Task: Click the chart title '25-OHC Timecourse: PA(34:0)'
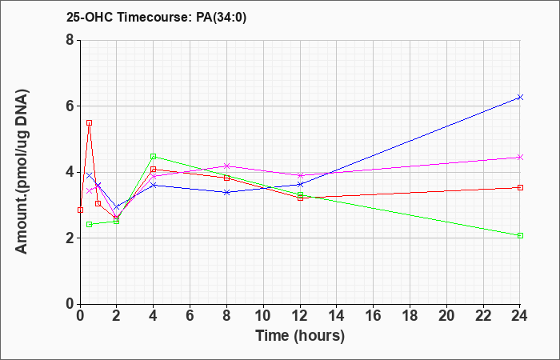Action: (x=156, y=18)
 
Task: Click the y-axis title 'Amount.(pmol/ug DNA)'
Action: (x=22, y=171)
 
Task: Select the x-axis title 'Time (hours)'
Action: (x=300, y=336)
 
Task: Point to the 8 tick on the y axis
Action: (x=70, y=40)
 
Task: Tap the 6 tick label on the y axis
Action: (x=70, y=106)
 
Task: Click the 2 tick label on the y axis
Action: (x=70, y=238)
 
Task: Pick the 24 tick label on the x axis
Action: (x=520, y=316)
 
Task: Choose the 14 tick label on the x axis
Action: (x=337, y=316)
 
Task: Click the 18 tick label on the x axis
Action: (x=410, y=316)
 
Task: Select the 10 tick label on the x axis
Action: (x=263, y=316)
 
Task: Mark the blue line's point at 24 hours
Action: (x=520, y=97)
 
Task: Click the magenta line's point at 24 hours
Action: (x=520, y=157)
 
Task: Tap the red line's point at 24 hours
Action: (x=520, y=187)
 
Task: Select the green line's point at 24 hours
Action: (x=520, y=236)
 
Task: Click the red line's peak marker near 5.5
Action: (x=90, y=123)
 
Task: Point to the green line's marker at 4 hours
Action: (x=154, y=157)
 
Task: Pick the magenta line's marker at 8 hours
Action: (x=226, y=166)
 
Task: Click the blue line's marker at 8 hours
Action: (x=226, y=192)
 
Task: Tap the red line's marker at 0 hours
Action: (x=80, y=210)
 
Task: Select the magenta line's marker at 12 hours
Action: (x=300, y=175)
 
